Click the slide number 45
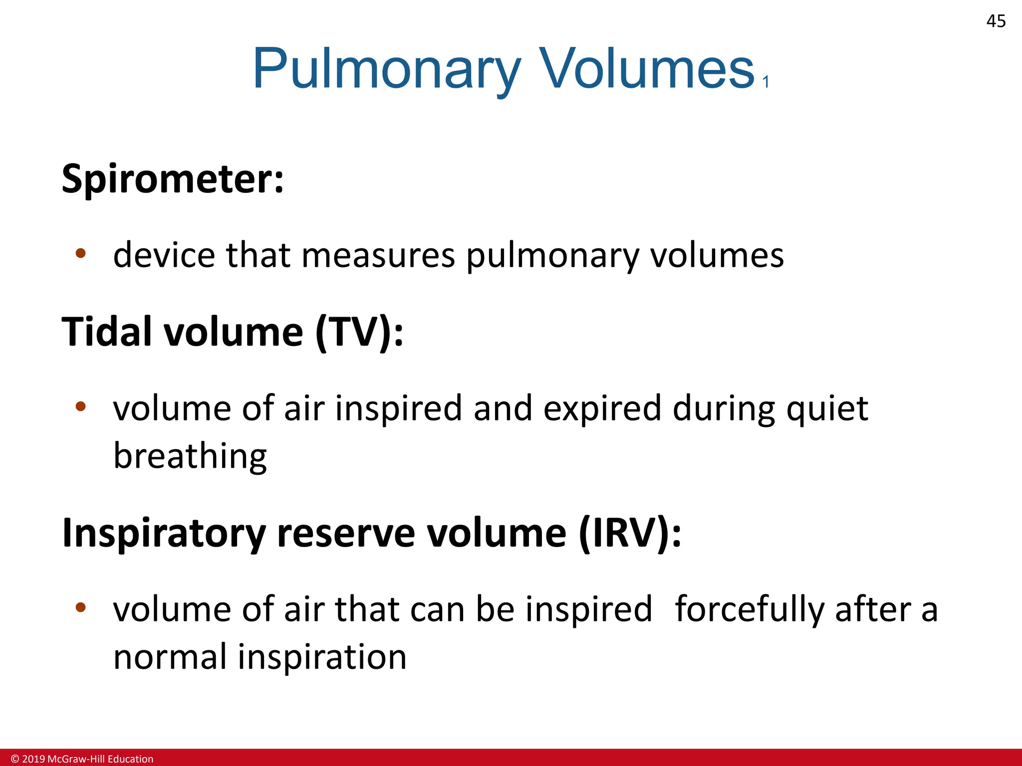(x=996, y=21)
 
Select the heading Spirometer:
(x=173, y=179)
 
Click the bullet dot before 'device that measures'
(x=81, y=253)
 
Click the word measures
(x=378, y=255)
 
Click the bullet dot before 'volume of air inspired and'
(x=81, y=406)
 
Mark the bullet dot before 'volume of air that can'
(x=81, y=607)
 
